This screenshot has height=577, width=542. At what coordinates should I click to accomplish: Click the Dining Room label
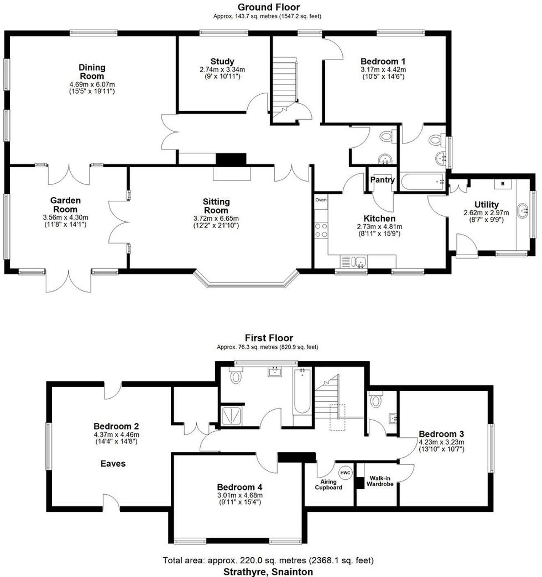pyautogui.click(x=92, y=72)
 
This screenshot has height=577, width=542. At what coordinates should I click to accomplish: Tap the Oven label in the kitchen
pyautogui.click(x=321, y=200)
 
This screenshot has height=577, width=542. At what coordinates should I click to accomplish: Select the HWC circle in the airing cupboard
pyautogui.click(x=346, y=473)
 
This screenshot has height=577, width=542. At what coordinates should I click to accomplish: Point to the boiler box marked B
pyautogui.click(x=503, y=184)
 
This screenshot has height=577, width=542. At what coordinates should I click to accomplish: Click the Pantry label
pyautogui.click(x=382, y=180)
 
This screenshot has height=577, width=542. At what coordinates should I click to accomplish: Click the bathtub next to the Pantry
pyautogui.click(x=423, y=181)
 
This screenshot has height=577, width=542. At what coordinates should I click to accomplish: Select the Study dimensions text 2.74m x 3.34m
pyautogui.click(x=222, y=70)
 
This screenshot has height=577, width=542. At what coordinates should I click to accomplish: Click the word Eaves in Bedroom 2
pyautogui.click(x=113, y=463)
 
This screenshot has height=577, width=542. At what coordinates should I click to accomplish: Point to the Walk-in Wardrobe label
pyautogui.click(x=380, y=481)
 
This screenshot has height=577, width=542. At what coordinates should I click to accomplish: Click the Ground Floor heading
pyautogui.click(x=269, y=7)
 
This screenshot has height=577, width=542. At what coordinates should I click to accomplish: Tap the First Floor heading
pyautogui.click(x=269, y=338)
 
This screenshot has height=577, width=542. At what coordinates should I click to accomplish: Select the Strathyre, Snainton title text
pyautogui.click(x=268, y=572)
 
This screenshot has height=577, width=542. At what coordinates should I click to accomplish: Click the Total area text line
pyautogui.click(x=268, y=560)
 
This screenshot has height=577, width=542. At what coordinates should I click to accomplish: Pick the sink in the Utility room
pyautogui.click(x=523, y=211)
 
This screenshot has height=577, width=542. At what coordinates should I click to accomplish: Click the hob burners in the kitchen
pyautogui.click(x=321, y=230)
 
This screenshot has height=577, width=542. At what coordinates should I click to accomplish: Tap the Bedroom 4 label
pyautogui.click(x=239, y=487)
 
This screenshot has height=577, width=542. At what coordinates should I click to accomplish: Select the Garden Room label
pyautogui.click(x=65, y=205)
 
